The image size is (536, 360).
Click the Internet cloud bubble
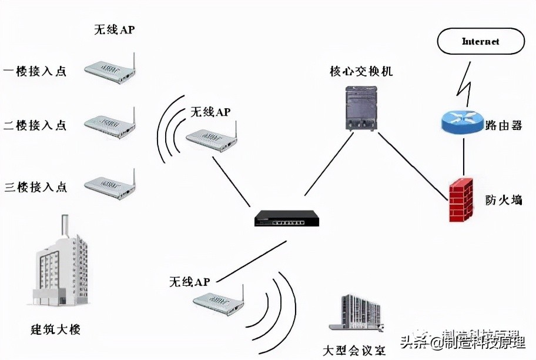click(x=480, y=42)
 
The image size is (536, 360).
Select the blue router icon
click(x=461, y=121)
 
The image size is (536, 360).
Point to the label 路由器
click(x=504, y=125)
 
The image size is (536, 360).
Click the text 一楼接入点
click(x=35, y=71)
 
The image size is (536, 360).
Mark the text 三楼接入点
click(x=35, y=187)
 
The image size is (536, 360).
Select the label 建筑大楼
click(x=55, y=329)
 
